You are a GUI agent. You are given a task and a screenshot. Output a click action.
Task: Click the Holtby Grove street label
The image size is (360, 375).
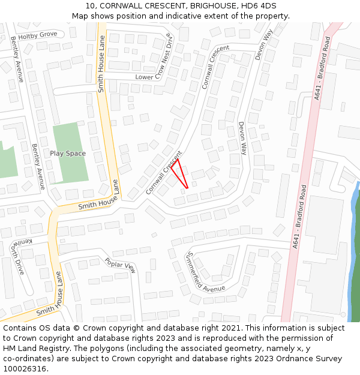(38, 35)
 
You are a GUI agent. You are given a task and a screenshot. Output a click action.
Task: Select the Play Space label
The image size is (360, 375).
(68, 154)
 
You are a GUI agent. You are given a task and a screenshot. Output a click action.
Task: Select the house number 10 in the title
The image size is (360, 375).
(90, 6)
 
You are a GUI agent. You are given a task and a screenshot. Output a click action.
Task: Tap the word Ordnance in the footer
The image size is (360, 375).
(292, 359)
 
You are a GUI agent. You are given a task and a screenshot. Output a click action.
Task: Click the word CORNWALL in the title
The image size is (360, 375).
(122, 6)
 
